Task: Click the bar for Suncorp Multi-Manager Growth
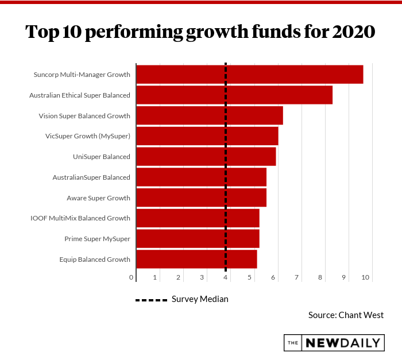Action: click(x=249, y=75)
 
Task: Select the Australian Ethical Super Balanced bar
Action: click(x=234, y=95)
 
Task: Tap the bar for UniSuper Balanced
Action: click(x=206, y=157)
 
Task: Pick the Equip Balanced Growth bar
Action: click(x=196, y=260)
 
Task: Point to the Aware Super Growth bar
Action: click(x=201, y=198)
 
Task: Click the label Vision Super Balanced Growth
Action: click(x=84, y=116)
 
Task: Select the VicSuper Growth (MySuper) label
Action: click(x=88, y=136)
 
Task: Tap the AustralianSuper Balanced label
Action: click(x=91, y=177)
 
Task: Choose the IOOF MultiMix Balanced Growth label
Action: click(x=80, y=218)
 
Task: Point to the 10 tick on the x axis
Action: click(x=365, y=278)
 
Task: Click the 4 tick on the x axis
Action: click(x=226, y=278)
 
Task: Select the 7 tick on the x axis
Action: click(x=297, y=278)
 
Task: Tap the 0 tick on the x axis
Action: click(x=132, y=278)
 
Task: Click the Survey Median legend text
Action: click(x=200, y=299)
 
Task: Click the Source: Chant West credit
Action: click(x=346, y=315)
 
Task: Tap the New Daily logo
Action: click(x=334, y=343)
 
